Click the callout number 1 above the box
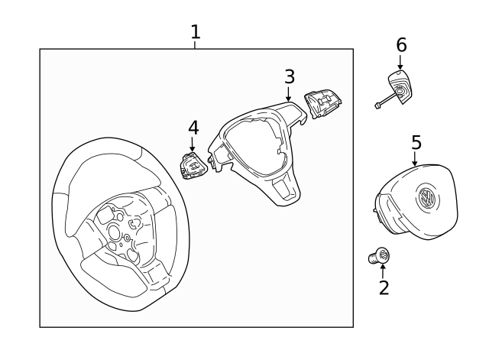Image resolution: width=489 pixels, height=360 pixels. click(x=195, y=32)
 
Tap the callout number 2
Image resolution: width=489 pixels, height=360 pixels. click(x=384, y=287)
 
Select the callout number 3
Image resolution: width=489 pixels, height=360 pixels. click(x=289, y=76)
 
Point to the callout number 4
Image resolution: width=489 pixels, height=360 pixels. click(x=193, y=126)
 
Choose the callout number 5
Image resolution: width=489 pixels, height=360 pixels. click(x=416, y=142)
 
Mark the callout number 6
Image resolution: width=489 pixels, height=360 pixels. click(x=401, y=45)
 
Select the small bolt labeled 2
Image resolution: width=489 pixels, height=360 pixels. click(x=379, y=257)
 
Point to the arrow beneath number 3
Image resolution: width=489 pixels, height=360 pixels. click(x=289, y=96)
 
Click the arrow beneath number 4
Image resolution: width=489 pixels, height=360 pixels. click(x=193, y=144)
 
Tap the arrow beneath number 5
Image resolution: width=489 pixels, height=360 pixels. click(x=415, y=160)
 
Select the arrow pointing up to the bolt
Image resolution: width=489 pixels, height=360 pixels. click(x=384, y=268)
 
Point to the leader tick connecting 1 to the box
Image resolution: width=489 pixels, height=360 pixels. click(x=195, y=45)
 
